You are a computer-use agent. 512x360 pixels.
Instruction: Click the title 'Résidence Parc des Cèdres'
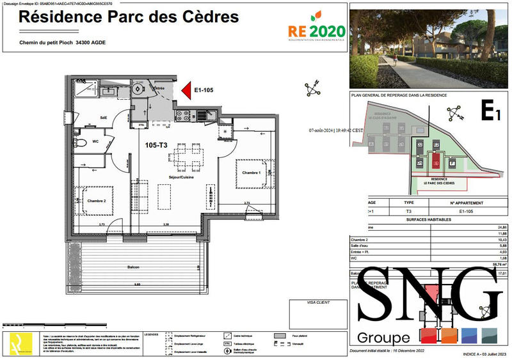click(x=129, y=17)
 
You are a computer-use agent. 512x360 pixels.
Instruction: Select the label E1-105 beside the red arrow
click(x=204, y=91)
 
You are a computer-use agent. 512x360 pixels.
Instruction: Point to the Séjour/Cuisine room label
click(x=180, y=177)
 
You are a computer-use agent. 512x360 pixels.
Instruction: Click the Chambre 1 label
click(x=252, y=173)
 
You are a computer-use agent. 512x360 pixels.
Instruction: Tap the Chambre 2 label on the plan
click(x=89, y=201)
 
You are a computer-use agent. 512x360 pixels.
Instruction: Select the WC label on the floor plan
click(x=95, y=141)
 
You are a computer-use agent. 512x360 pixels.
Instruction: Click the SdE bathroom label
click(x=103, y=117)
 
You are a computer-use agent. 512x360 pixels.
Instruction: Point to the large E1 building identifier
click(x=490, y=114)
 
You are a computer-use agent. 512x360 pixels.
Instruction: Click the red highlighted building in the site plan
click(x=436, y=161)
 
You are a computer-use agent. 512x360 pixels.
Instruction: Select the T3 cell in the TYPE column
click(x=409, y=211)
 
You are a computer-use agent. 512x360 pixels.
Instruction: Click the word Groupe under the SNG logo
click(x=383, y=338)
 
